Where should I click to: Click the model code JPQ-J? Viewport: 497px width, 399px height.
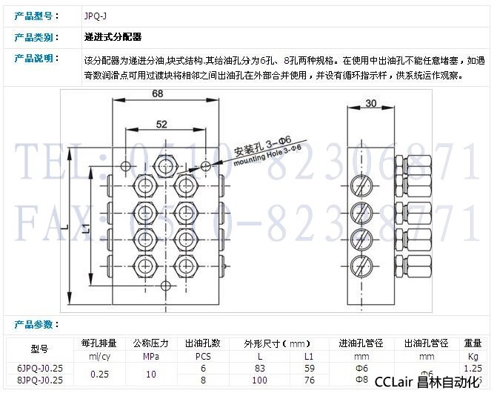96,15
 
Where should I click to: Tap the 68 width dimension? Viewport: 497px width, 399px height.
157,93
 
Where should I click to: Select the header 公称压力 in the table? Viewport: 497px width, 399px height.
150,343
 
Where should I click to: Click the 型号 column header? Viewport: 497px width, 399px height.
39,349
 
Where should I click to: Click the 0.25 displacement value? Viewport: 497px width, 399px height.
99,374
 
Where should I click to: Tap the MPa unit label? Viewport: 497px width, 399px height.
150,355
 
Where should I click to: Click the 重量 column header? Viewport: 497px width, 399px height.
473,343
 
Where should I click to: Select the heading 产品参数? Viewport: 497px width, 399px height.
34,325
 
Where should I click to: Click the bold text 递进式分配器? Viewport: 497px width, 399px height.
113,36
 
